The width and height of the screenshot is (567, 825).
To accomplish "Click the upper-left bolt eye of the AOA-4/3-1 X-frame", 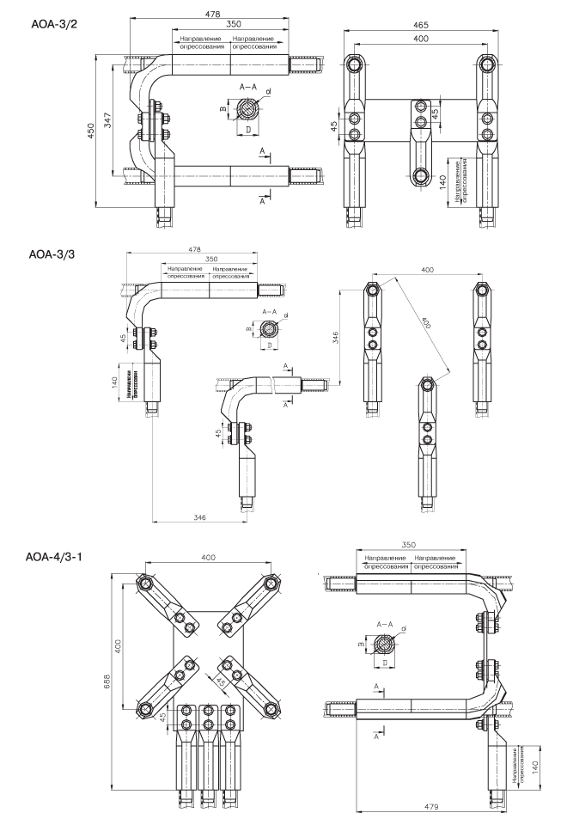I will pos(147,584).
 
